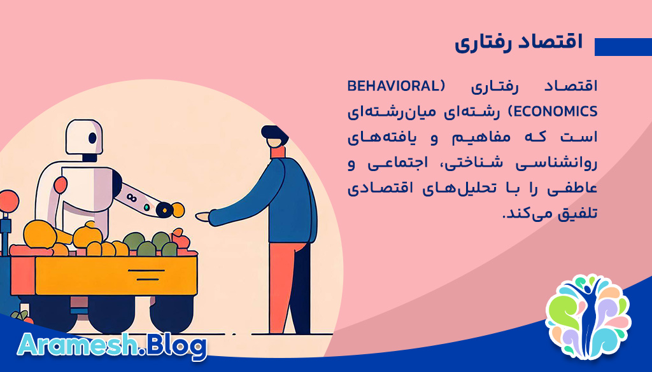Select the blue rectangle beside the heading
point(623,47)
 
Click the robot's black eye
point(93,138)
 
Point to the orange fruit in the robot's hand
point(177,209)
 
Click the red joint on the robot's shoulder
point(60,184)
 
